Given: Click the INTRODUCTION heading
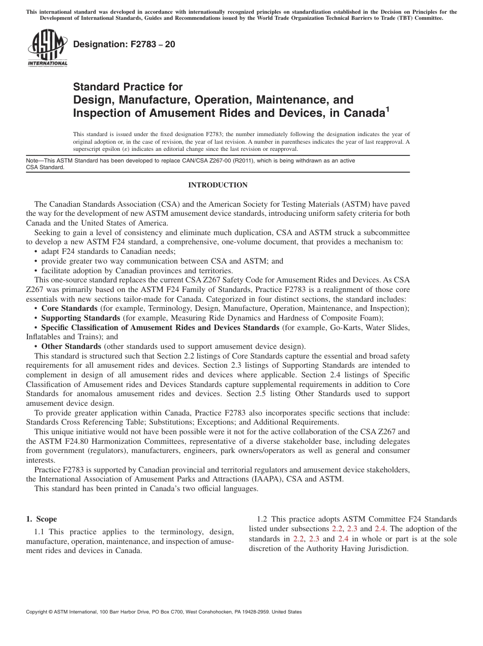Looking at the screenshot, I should tap(218, 185).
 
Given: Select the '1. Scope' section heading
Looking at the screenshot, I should tap(41, 519).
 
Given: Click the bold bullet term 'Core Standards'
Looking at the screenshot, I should tap(69, 308).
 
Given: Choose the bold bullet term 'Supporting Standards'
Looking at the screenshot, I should tap(80, 318).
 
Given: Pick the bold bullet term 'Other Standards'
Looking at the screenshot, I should tap(71, 347).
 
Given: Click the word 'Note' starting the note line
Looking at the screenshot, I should tap(32, 160).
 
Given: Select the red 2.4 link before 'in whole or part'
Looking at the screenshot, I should tap(344, 539).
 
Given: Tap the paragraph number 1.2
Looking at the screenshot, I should tap(262, 519).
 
